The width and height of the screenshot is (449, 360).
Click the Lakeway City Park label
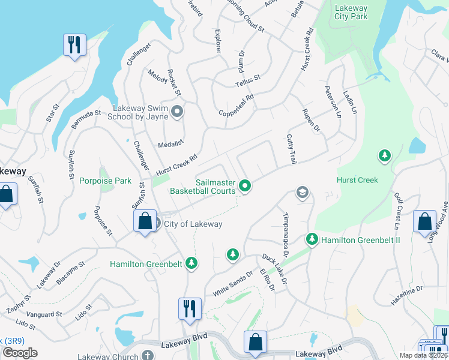tap(351, 13)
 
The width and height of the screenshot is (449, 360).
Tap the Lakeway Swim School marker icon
tap(177, 112)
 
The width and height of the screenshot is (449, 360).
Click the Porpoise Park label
tap(105, 181)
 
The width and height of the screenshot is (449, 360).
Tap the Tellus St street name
tap(247, 80)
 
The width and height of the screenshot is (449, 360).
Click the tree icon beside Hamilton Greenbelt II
tap(312, 239)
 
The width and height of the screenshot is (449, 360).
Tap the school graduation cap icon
tap(303, 193)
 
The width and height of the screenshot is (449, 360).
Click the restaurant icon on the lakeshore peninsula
tap(74, 45)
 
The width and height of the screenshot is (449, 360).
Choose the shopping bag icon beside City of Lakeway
tap(145, 221)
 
